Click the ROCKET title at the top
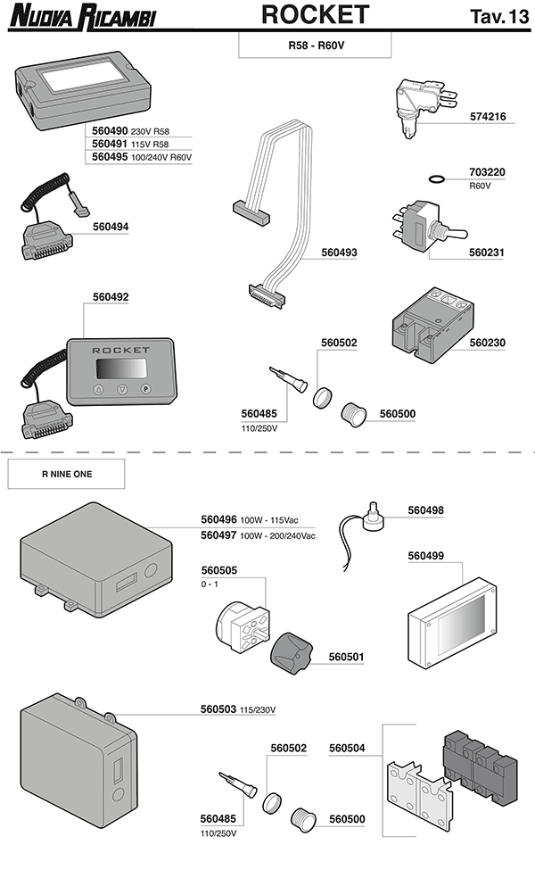coord(315,15)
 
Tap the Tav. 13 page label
coord(497,16)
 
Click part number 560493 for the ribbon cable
coord(339,253)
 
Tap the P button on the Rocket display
coord(146,389)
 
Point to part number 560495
coord(111,157)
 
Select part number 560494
coord(111,227)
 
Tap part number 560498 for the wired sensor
coord(425,510)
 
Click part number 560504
coord(347,748)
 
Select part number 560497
coord(218,535)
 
